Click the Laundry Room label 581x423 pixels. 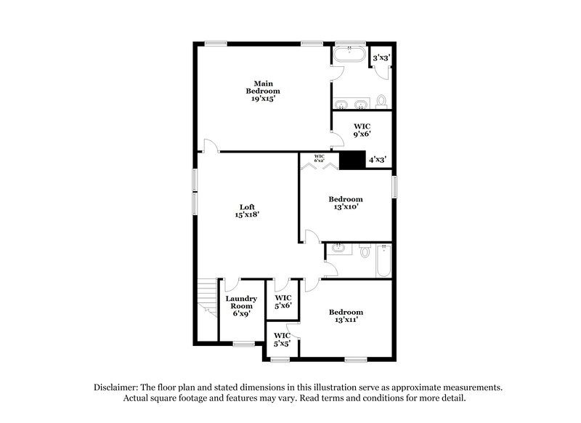[x=241, y=304]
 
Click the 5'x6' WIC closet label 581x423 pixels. [x=283, y=302]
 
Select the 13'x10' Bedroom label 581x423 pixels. [x=345, y=203]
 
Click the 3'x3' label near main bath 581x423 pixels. [x=381, y=57]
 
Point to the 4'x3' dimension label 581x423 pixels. [x=377, y=159]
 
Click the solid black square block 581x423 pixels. [x=352, y=160]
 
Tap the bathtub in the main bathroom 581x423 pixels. [x=350, y=55]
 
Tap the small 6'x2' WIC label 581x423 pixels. [x=320, y=158]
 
